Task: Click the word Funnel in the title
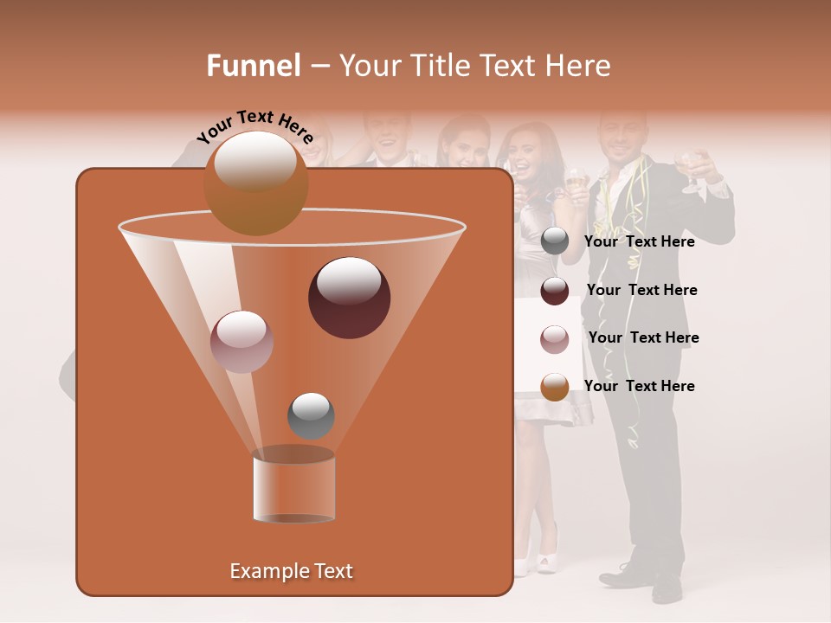[x=253, y=66]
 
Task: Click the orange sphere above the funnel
[x=255, y=183]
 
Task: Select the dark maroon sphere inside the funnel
[x=349, y=298]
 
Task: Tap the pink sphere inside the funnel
[x=242, y=342]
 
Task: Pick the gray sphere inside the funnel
[x=311, y=415]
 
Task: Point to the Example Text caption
[x=292, y=571]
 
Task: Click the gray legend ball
[x=555, y=241]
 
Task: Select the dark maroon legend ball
[x=555, y=291]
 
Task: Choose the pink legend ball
[x=555, y=338]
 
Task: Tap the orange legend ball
[x=555, y=387]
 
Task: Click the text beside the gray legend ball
[x=639, y=242]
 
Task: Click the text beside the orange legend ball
[x=639, y=386]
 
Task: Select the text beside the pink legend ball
[x=643, y=337]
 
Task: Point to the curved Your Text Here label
[x=255, y=126]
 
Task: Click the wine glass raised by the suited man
[x=691, y=167]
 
